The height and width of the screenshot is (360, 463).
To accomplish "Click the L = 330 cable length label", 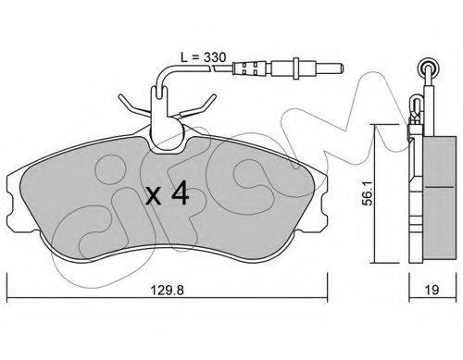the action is pyautogui.click(x=203, y=57).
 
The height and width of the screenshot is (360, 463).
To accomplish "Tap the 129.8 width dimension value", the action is pyautogui.click(x=167, y=290).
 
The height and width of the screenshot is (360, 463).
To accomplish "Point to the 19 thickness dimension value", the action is pyautogui.click(x=432, y=290).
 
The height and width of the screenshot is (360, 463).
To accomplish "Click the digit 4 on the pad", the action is pyautogui.click(x=180, y=193).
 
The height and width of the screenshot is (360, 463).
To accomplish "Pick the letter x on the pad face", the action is pyautogui.click(x=154, y=196).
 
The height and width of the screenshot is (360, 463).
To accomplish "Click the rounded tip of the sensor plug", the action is pyautogui.click(x=340, y=68).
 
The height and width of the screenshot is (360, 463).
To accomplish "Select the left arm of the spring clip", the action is pyautogui.click(x=134, y=106).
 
